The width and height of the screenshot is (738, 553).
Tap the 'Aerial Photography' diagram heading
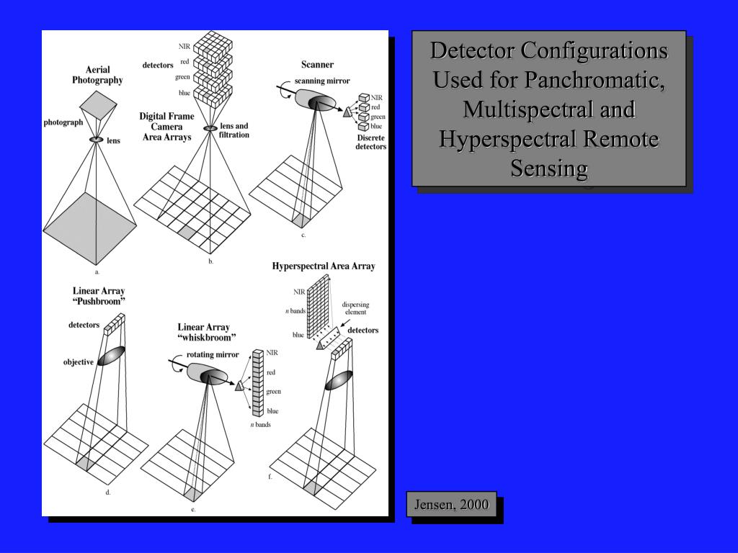click(x=97, y=75)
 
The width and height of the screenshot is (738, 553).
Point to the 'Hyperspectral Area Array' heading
click(x=324, y=266)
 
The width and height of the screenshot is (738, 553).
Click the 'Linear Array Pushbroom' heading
click(x=99, y=296)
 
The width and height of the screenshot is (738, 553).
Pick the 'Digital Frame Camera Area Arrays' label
click(x=166, y=126)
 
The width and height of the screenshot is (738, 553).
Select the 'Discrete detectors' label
click(x=370, y=142)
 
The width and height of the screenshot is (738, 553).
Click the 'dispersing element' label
click(x=355, y=308)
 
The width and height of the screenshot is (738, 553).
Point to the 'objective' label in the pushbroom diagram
click(x=79, y=362)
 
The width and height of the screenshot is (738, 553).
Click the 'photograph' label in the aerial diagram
click(x=63, y=122)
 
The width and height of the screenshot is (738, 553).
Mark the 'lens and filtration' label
click(x=234, y=130)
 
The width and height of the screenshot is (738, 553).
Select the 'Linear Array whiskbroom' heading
click(x=208, y=332)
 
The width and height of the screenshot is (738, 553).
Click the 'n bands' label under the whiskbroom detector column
click(x=260, y=425)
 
